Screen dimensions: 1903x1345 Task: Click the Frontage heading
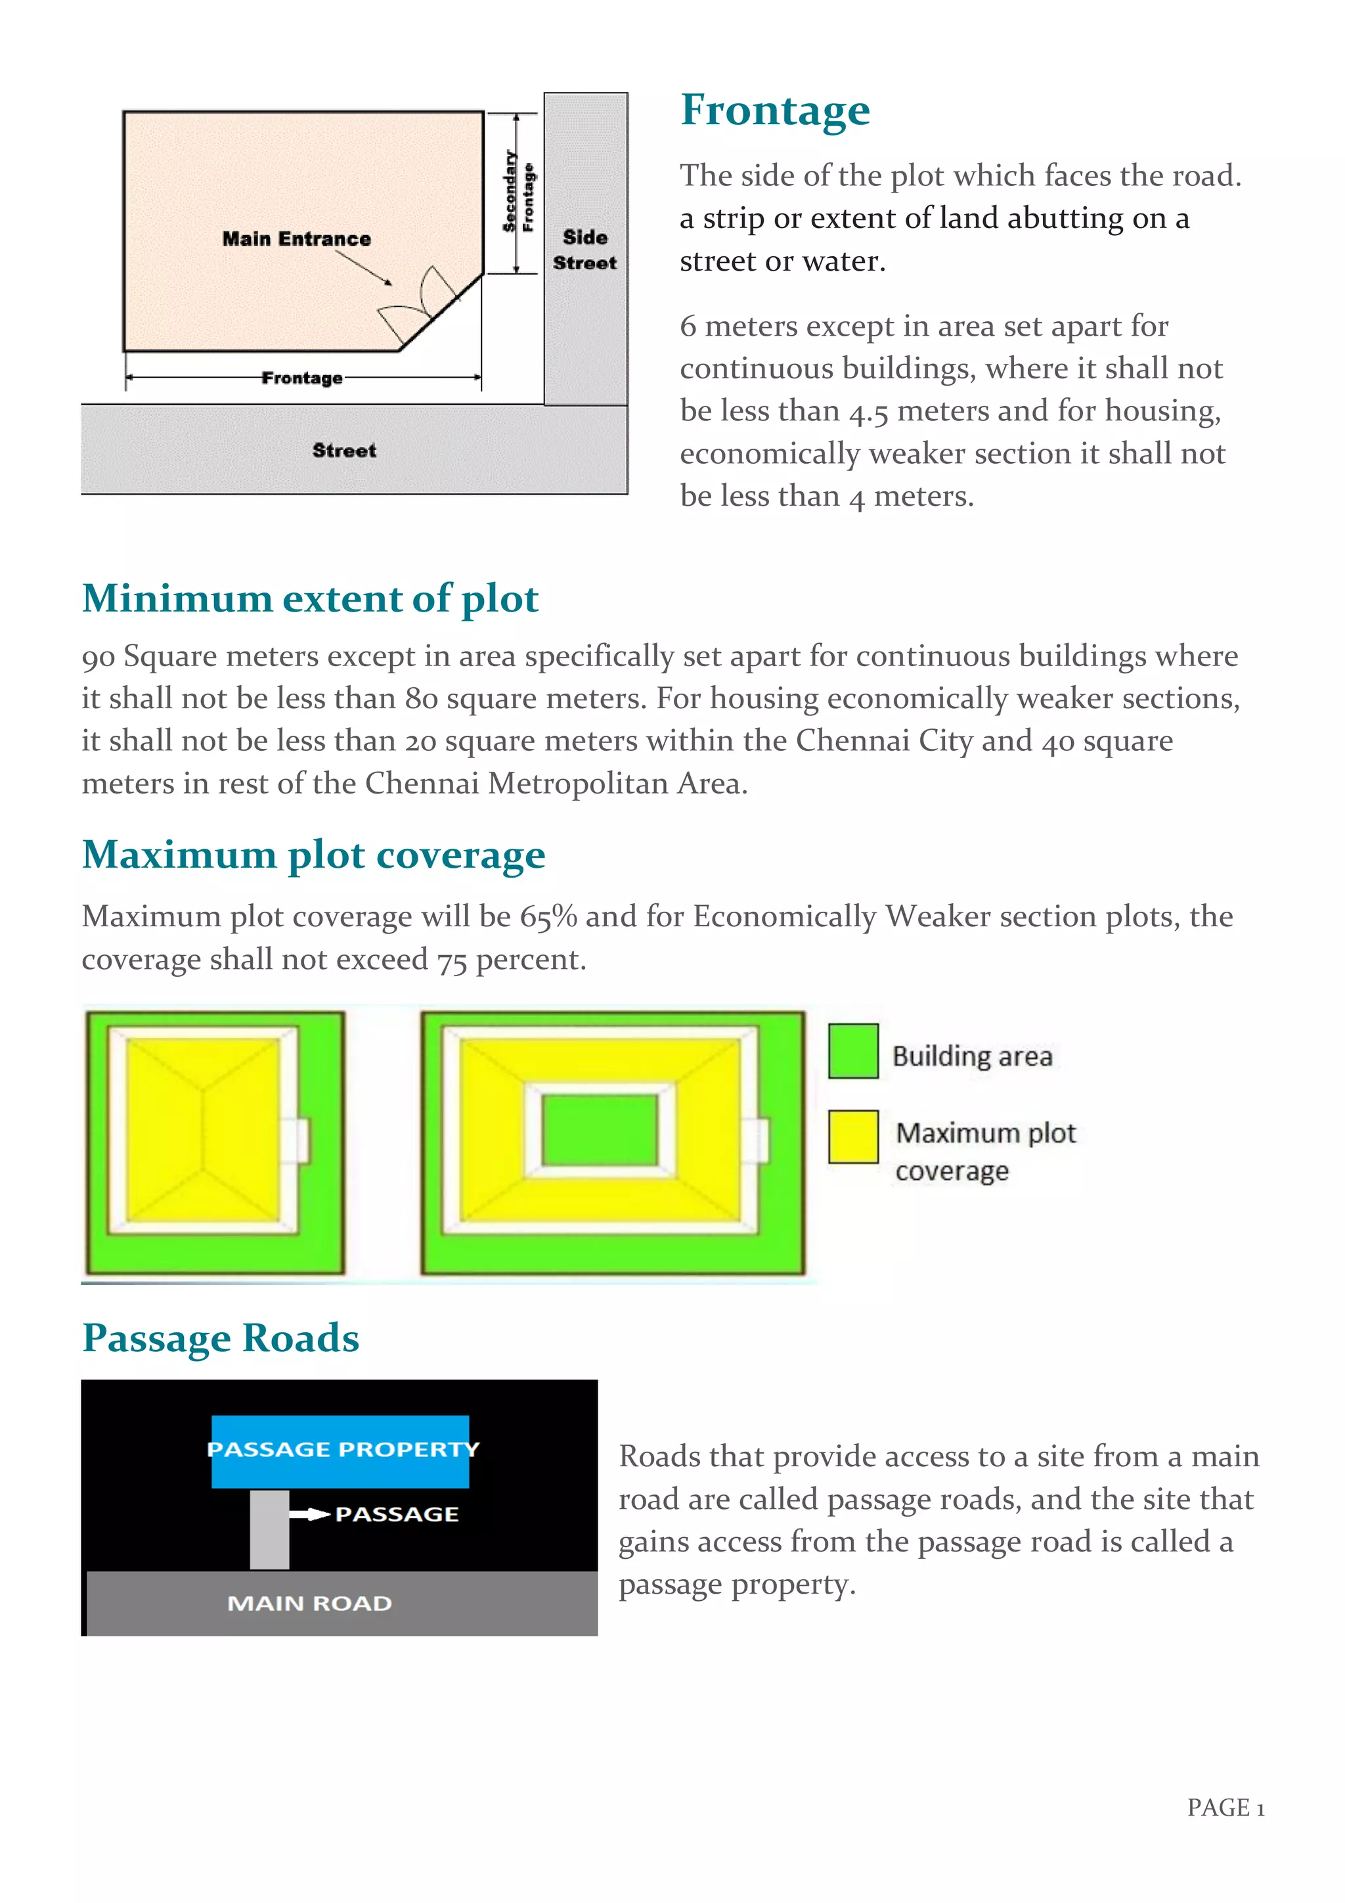click(774, 110)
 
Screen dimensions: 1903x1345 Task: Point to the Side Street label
click(584, 250)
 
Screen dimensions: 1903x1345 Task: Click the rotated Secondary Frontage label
click(519, 192)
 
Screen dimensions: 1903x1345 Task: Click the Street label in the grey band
click(344, 450)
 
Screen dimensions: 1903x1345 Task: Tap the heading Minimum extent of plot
click(310, 598)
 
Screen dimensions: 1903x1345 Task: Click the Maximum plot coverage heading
click(313, 855)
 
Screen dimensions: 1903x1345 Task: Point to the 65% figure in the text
click(548, 917)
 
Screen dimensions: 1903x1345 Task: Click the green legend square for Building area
click(852, 1050)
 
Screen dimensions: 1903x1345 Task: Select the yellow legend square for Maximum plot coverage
click(852, 1136)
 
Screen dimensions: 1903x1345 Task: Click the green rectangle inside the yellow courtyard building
click(599, 1129)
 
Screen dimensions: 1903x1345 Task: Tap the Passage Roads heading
click(221, 1337)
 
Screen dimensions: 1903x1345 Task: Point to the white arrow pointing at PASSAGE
click(310, 1514)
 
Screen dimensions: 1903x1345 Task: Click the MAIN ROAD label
click(309, 1603)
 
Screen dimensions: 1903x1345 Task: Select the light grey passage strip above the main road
click(269, 1529)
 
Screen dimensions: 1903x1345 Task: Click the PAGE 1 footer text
click(1225, 1808)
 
